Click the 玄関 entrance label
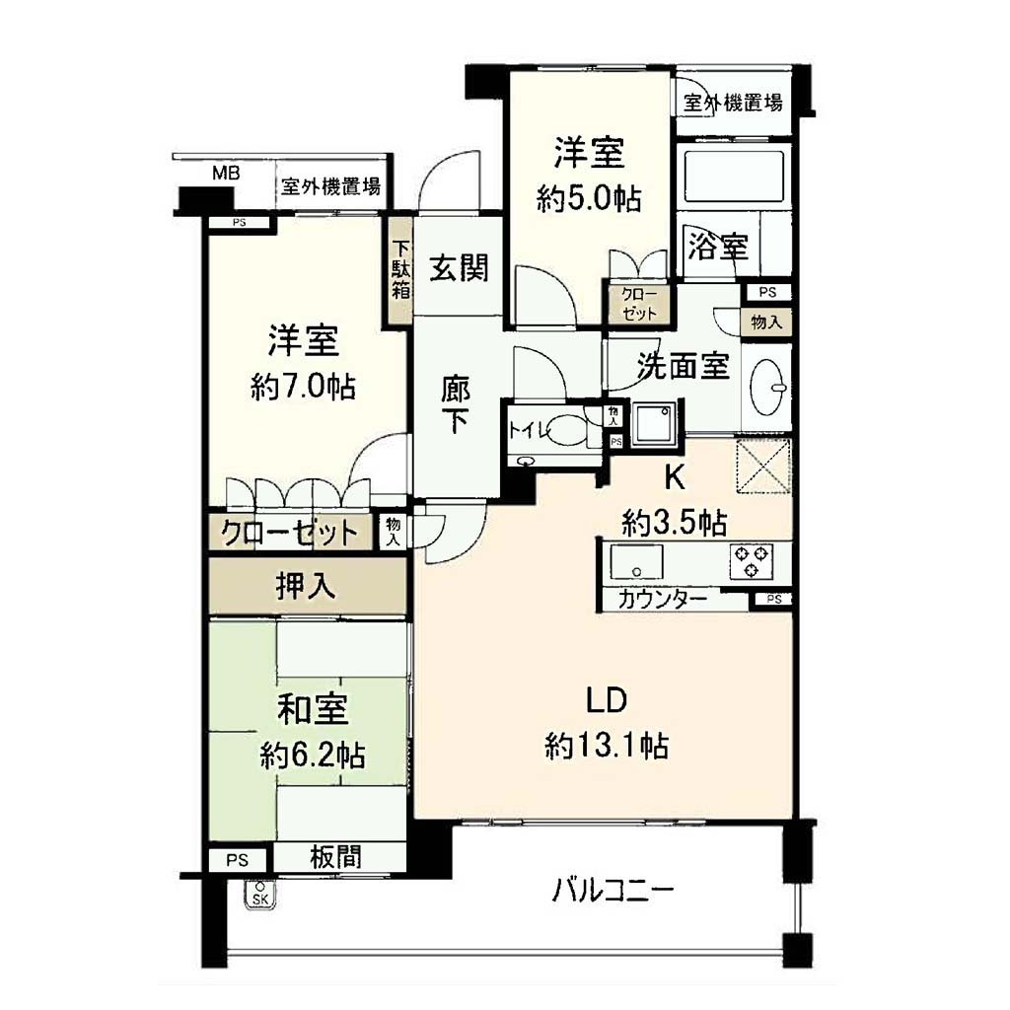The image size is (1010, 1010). click(459, 268)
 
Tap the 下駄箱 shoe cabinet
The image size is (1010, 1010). click(400, 270)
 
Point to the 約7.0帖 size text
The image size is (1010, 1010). click(303, 387)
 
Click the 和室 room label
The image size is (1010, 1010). click(313, 708)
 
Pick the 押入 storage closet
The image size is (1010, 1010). click(308, 586)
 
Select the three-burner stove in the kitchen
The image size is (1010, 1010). click(751, 561)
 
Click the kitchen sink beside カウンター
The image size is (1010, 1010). click(636, 562)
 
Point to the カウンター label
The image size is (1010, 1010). click(662, 601)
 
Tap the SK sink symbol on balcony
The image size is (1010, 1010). click(260, 894)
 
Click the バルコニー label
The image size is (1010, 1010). click(613, 891)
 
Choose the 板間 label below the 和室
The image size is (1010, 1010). click(335, 857)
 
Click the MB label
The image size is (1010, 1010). click(226, 174)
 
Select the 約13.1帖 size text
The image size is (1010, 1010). click(607, 746)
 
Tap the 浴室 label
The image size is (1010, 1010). click(718, 247)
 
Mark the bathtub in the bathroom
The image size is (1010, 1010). click(734, 176)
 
